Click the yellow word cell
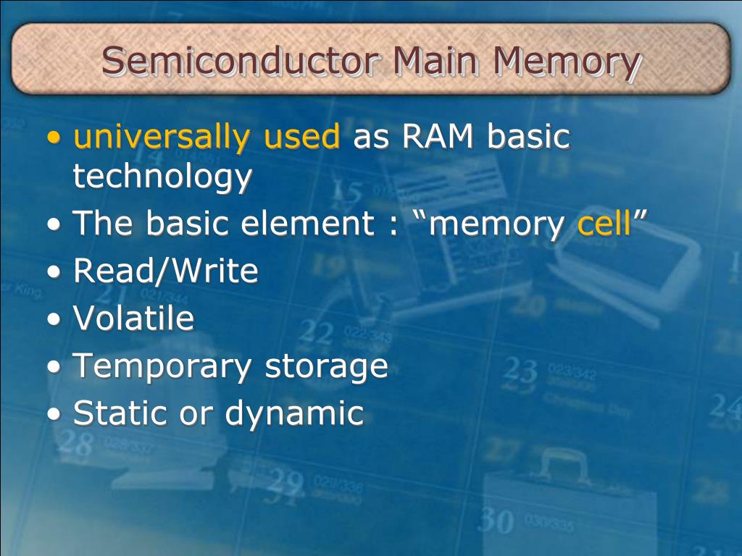point(604,224)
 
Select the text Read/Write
point(166,271)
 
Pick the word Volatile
point(134,319)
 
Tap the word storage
point(327,366)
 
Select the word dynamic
point(294,413)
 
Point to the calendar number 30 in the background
point(496,520)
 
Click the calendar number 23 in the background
point(520,371)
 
